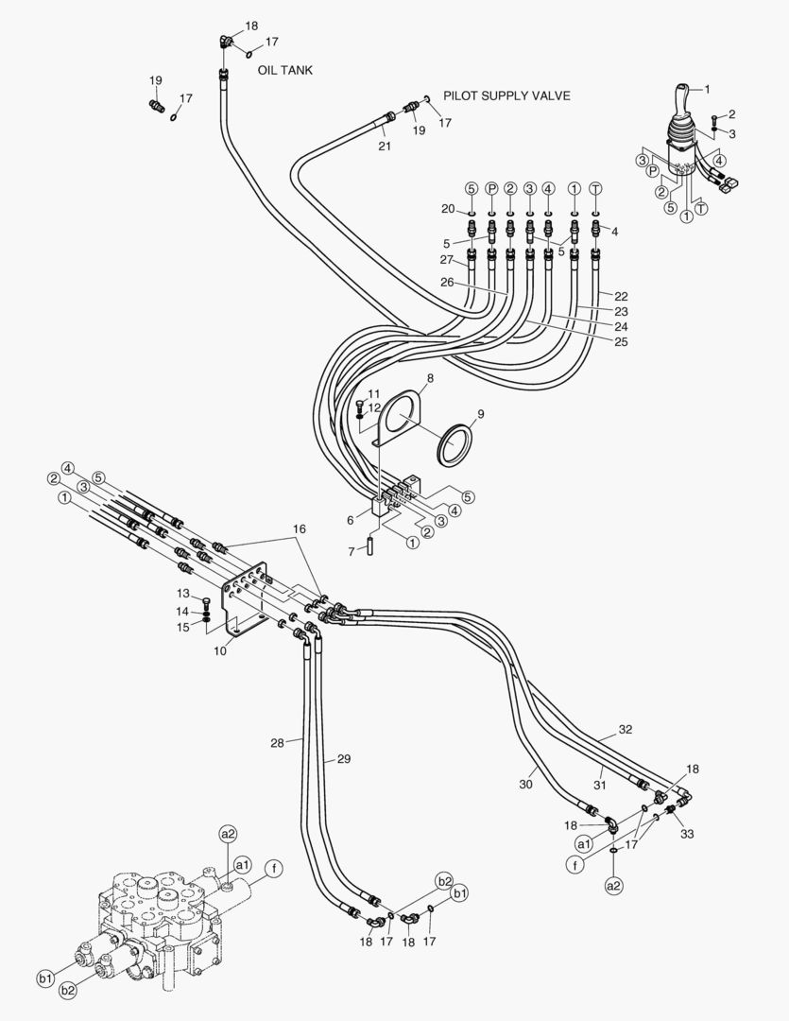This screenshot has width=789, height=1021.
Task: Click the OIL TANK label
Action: point(284,70)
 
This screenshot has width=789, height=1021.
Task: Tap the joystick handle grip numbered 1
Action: point(682,102)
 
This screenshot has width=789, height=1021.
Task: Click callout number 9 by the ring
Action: point(480,414)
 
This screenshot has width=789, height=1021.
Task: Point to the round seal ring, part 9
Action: point(456,443)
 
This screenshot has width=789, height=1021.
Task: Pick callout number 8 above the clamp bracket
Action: point(429,378)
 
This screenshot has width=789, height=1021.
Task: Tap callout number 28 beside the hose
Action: point(276,743)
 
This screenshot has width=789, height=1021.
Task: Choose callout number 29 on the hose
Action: point(343,759)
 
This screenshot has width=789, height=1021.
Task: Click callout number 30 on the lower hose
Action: point(526,784)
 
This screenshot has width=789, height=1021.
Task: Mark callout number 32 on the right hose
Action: point(625,730)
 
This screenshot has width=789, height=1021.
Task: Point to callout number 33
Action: point(687,833)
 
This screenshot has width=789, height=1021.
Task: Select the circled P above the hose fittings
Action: point(491,189)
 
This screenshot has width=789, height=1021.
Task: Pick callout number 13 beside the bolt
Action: point(183,593)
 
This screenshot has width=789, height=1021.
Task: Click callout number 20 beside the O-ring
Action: point(448,208)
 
